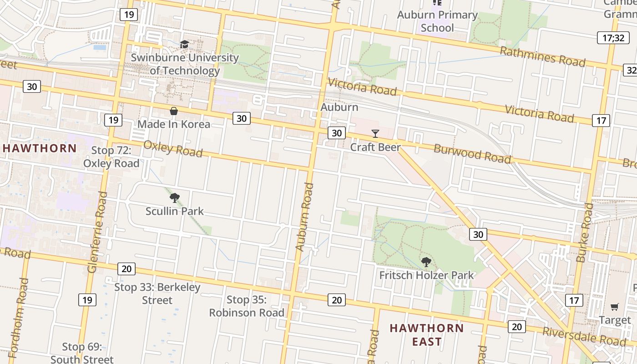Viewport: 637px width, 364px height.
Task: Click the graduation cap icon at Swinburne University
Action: tap(184, 44)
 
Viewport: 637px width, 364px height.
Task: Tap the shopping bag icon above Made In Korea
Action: tap(173, 111)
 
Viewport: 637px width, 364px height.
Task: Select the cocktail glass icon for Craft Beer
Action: tap(375, 133)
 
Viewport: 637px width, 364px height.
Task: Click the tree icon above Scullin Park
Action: tap(174, 198)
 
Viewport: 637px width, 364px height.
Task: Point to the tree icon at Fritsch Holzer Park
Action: tap(426, 262)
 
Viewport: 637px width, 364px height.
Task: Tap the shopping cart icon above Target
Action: tap(615, 307)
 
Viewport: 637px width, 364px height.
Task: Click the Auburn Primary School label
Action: tap(437, 21)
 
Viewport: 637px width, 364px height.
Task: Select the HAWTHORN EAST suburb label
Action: tap(427, 334)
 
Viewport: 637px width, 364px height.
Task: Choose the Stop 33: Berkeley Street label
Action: tap(157, 293)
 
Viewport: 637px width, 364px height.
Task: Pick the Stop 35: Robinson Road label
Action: tap(247, 306)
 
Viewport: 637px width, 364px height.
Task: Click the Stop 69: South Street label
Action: tap(82, 353)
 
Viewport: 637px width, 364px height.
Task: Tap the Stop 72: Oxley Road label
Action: tap(111, 157)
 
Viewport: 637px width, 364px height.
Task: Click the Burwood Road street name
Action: tap(472, 153)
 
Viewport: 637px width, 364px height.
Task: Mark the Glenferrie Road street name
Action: tap(97, 232)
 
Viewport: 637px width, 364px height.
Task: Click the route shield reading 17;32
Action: tap(613, 38)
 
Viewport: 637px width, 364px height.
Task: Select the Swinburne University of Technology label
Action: tap(185, 64)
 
